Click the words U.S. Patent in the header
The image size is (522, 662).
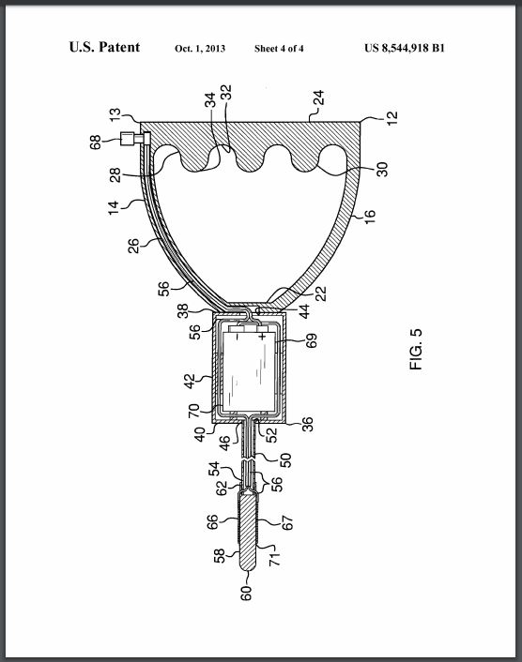click(x=104, y=47)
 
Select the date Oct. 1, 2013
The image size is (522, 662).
click(x=200, y=49)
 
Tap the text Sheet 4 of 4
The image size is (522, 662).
click(x=279, y=49)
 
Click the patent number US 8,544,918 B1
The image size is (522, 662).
click(x=405, y=48)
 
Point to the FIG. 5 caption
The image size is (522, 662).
click(x=416, y=350)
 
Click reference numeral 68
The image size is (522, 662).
click(x=96, y=143)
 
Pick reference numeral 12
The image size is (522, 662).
click(x=392, y=118)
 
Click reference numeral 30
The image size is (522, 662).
click(x=382, y=170)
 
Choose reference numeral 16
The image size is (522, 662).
click(x=370, y=216)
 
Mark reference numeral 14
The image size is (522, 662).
click(x=114, y=208)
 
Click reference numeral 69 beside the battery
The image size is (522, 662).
click(x=311, y=340)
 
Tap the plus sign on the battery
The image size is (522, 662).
click(x=263, y=337)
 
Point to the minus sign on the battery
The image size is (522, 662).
click(x=238, y=337)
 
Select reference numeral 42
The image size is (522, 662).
click(x=190, y=381)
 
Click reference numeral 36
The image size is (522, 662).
click(x=308, y=424)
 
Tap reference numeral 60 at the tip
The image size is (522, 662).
click(x=246, y=593)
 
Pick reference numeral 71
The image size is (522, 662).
click(x=275, y=559)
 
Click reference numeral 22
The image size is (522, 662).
click(x=321, y=293)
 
